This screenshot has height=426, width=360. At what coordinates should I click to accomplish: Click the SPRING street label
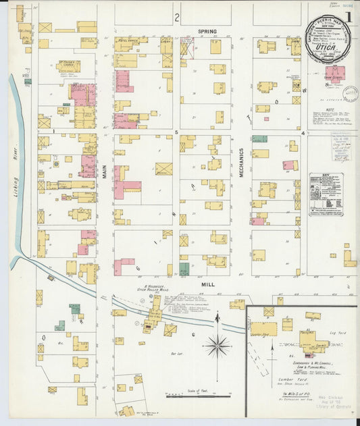click(207, 32)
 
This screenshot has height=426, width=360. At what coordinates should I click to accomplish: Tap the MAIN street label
click(105, 171)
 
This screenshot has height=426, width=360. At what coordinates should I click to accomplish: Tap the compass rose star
click(217, 346)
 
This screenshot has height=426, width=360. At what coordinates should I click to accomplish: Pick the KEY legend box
click(326, 194)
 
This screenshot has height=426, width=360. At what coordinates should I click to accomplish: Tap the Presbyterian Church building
click(69, 66)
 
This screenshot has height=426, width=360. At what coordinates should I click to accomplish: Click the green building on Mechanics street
click(259, 138)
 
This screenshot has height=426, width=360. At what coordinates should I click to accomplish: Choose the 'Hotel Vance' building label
click(128, 41)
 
